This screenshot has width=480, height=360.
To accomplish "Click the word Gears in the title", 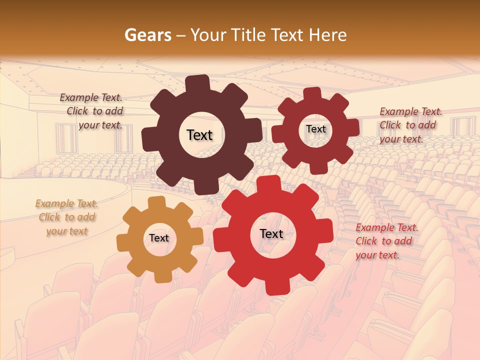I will (x=147, y=35).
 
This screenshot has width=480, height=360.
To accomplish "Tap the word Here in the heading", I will (x=327, y=35).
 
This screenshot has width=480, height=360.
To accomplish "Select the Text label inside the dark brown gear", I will (x=199, y=135).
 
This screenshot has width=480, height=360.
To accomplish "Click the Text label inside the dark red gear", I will (x=315, y=129).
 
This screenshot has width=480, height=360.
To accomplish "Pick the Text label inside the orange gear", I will (x=159, y=238).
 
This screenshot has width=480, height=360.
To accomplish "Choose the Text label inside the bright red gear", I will (x=271, y=233).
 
